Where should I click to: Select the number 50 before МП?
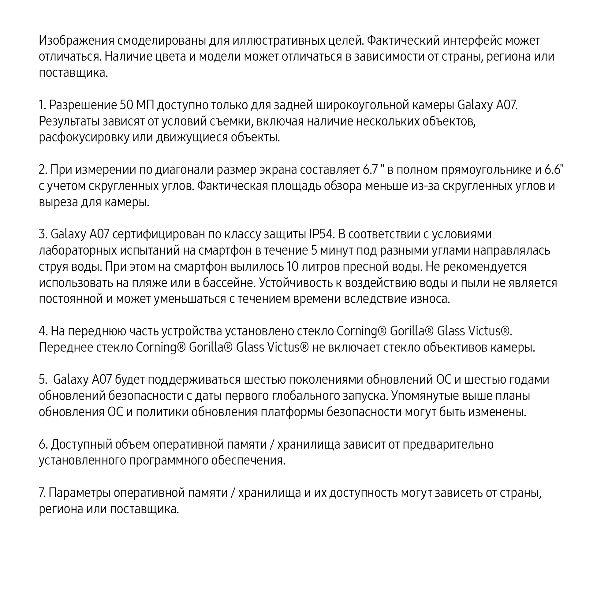tap(126, 105)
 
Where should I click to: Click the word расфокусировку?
tap(84, 137)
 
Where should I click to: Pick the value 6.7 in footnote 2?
tap(370, 170)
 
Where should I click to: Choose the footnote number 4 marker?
tap(43, 331)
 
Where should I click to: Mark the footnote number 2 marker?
tap(43, 170)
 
